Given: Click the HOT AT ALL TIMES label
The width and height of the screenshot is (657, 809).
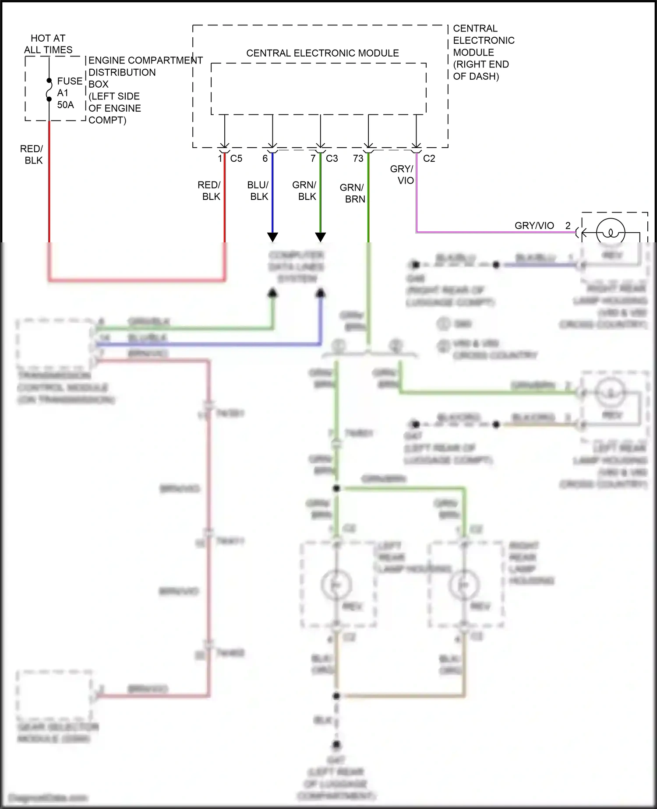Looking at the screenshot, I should click(48, 44).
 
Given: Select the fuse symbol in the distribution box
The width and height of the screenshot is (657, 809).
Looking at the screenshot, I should click(49, 90).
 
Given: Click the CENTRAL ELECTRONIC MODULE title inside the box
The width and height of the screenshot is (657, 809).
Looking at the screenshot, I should click(322, 53).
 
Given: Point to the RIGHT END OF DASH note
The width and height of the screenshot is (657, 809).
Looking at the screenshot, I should click(480, 70).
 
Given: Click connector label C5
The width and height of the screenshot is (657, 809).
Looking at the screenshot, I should click(236, 159).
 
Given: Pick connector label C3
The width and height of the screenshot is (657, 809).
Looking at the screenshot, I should click(332, 159).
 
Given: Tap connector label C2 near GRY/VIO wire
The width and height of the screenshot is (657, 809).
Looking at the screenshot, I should click(429, 159).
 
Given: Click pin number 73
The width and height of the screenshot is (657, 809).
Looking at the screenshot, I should click(358, 159).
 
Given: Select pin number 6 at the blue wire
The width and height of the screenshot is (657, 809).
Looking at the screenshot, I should click(265, 159).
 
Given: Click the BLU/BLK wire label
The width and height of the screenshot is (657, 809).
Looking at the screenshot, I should click(258, 191).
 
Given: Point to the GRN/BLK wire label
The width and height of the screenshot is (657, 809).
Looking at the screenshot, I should click(305, 191).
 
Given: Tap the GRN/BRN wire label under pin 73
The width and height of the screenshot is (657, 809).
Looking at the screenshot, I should click(353, 193).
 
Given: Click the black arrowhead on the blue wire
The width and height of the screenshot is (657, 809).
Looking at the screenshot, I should click(272, 237).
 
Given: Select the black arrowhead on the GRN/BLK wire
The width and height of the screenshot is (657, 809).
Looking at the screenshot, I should click(321, 237).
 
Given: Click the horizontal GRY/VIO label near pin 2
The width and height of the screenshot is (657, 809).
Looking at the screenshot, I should click(534, 226).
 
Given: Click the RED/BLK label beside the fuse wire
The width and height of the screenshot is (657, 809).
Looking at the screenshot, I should click(32, 155).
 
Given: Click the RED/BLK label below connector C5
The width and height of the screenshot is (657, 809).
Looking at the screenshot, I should click(210, 191).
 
